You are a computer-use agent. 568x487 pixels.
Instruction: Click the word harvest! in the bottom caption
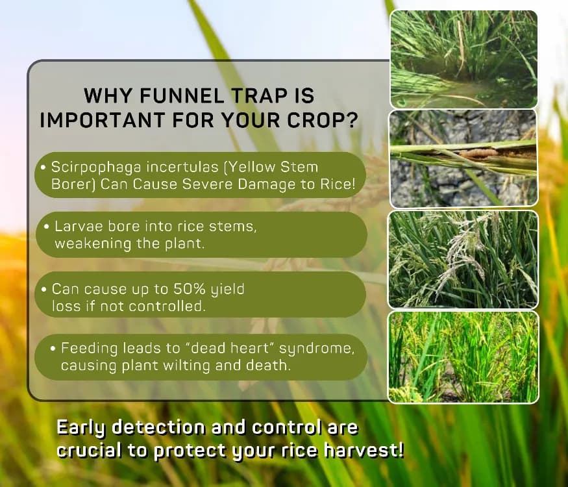click(364, 451)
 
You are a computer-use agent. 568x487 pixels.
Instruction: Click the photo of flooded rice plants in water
click(463, 59)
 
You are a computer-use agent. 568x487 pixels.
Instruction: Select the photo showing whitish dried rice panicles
click(463, 260)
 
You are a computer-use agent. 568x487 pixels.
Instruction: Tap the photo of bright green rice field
click(463, 357)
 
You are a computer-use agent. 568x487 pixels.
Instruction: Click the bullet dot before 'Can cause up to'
click(44, 290)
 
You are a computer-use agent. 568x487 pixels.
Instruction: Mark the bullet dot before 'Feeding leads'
click(53, 349)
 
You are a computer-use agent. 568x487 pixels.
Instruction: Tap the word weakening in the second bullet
click(93, 243)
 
